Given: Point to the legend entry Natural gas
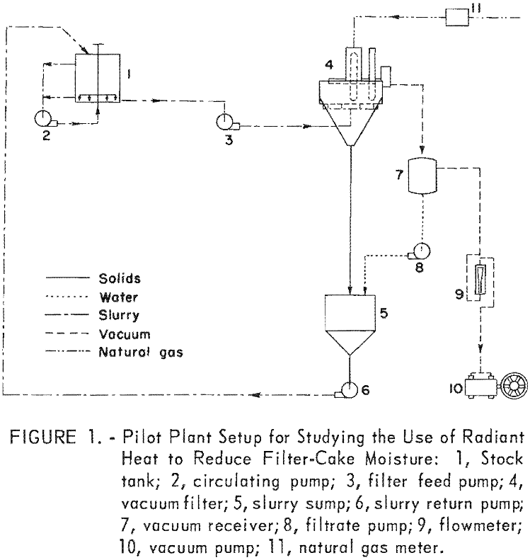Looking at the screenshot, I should [139, 352].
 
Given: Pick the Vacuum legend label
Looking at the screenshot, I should [121, 333].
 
